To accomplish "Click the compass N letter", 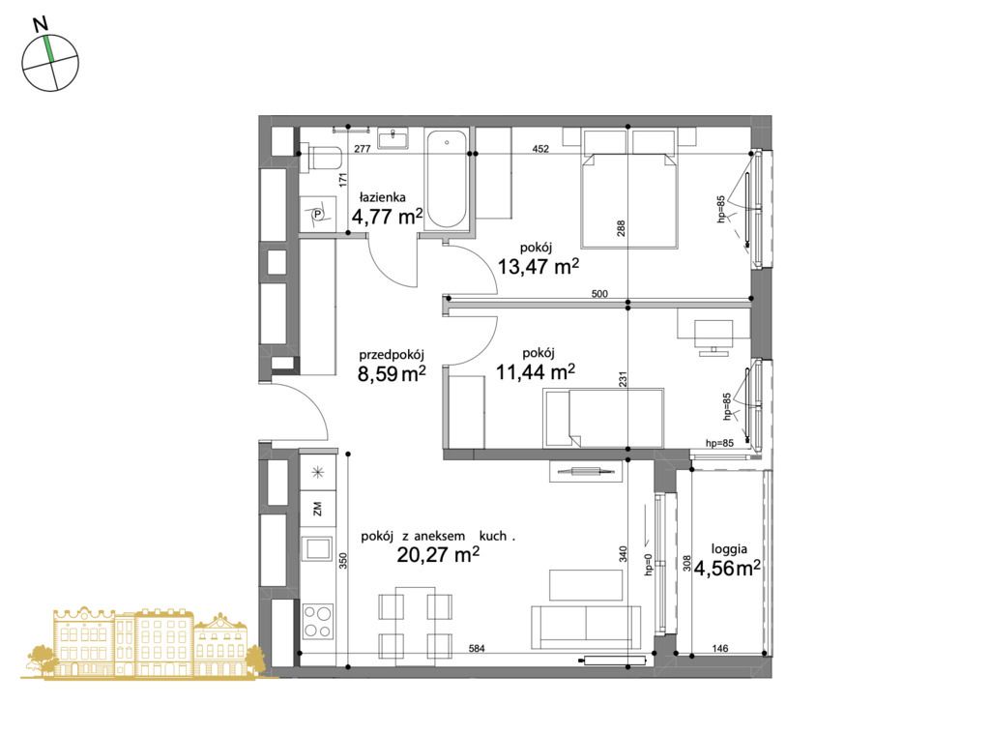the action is (41, 24).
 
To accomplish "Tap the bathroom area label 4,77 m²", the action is (387, 217).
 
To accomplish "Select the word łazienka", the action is (383, 197).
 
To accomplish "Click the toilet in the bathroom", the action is (321, 158).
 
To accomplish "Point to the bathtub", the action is (447, 180).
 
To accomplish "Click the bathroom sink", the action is (393, 137).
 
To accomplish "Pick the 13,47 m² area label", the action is (538, 267).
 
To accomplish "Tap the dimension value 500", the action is (599, 294).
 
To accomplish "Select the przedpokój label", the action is (392, 355).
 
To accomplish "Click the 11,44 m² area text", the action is (536, 372).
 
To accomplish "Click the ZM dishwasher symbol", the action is (317, 508).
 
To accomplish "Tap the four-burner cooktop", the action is (317, 622).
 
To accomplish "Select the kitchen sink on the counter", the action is (317, 548).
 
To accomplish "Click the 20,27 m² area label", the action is (438, 555).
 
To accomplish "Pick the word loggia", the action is (729, 550).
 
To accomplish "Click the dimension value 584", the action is (477, 648).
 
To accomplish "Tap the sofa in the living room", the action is (586, 627).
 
